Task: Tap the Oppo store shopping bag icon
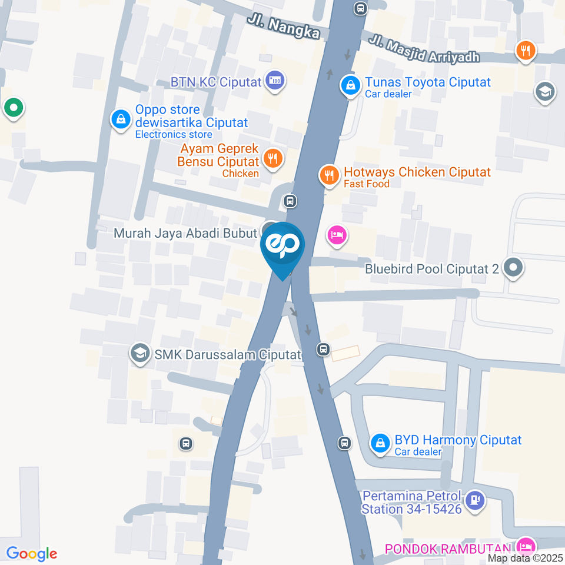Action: click(121, 119)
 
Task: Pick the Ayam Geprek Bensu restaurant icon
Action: click(271, 158)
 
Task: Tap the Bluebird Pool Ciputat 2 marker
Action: click(514, 269)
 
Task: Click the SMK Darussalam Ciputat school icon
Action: click(140, 353)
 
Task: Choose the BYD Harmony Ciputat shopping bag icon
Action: click(381, 442)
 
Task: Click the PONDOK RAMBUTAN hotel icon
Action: click(526, 546)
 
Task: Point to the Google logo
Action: click(31, 554)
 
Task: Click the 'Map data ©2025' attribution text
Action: click(526, 558)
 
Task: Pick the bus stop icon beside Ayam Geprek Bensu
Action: click(290, 201)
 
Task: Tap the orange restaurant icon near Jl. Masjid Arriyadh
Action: click(525, 50)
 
